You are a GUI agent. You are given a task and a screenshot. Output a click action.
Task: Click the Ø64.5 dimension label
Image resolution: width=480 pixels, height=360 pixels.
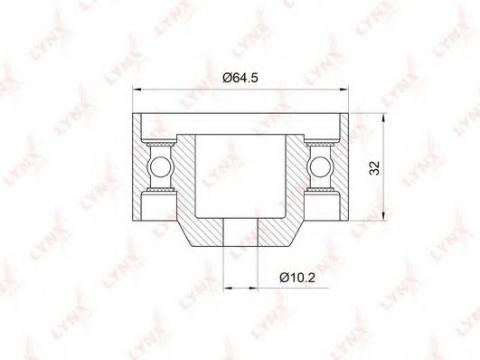(240, 78)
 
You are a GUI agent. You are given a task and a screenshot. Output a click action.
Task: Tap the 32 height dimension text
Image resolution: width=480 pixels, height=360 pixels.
(374, 167)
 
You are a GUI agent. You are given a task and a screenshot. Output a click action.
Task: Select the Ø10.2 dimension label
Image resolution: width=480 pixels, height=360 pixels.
(297, 278)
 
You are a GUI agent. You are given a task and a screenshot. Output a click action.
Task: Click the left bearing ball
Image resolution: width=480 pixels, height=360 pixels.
(160, 167)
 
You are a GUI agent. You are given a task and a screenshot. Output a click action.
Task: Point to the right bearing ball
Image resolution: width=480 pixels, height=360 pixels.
(321, 167)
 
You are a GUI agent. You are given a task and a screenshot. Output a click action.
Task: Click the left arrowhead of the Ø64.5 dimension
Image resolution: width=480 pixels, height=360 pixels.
(136, 90)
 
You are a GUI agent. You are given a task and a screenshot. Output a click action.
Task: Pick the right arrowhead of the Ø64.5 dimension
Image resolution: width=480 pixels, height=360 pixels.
(344, 90)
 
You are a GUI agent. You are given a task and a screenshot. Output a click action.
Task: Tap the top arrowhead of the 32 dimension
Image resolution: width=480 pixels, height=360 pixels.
(383, 118)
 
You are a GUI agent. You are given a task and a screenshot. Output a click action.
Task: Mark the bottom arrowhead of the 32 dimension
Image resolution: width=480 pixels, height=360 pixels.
(383, 215)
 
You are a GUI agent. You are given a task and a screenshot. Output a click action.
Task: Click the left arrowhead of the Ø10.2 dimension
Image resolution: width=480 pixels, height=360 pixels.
(228, 288)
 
